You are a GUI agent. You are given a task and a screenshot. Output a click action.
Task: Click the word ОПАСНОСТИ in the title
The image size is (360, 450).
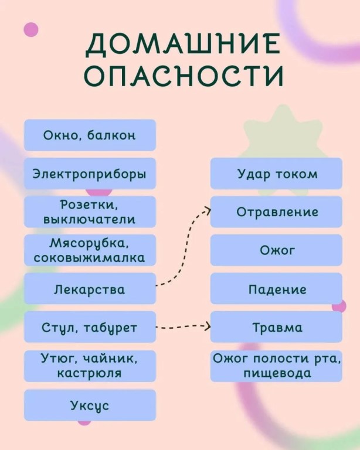coord(184,76)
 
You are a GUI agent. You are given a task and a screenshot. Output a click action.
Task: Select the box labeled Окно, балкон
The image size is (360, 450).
coord(90,135)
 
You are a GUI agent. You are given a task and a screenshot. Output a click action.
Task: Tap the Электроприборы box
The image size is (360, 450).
coord(90,173)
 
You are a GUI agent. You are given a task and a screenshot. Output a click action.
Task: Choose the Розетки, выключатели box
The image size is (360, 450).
coord(90,212)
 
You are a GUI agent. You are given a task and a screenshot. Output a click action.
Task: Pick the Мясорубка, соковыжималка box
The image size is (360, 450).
coord(90,250)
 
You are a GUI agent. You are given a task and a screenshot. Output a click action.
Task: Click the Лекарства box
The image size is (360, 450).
coord(90,289)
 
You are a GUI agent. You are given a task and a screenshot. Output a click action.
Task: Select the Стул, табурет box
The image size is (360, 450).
coord(90,327)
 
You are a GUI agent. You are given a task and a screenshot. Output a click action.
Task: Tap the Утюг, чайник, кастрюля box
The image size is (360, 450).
coord(90,366)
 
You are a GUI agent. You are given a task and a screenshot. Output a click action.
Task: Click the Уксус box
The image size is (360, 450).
coord(90,405)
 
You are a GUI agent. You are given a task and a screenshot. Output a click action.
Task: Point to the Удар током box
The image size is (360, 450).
coord(277,173)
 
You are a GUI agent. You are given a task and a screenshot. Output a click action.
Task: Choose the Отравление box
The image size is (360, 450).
coord(277,212)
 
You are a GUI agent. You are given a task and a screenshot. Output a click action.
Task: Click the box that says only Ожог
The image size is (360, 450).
coord(277,250)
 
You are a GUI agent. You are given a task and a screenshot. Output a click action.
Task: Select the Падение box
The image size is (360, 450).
coord(277,289)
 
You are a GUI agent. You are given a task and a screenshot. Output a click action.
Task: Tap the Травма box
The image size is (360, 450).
coord(277,327)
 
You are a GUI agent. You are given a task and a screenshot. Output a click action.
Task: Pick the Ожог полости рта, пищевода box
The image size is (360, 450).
coord(277,366)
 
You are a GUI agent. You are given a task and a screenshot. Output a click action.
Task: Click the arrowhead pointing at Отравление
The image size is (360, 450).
coord(208,210)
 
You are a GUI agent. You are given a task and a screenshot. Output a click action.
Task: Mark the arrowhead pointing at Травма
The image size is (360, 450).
coord(208,326)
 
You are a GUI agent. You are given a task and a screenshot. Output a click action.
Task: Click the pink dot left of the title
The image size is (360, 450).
coord(31,29)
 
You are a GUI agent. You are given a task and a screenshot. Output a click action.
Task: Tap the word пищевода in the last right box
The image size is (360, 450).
coord(277,374)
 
